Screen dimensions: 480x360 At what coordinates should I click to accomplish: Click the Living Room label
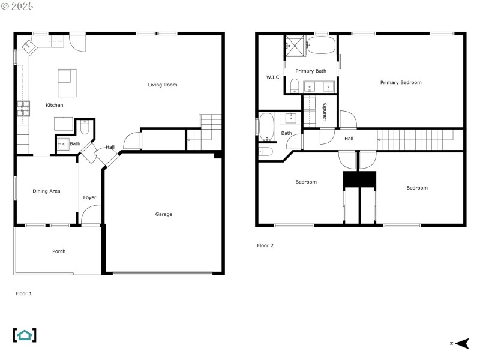coord(162,85)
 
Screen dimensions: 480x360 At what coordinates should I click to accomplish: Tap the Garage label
coord(163,214)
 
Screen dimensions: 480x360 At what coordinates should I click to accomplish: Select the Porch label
coord(59,251)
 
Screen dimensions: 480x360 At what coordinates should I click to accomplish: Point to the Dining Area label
coord(46,191)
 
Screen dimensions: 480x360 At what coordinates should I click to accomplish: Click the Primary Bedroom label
coord(401,82)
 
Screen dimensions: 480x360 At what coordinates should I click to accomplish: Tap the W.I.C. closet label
coord(273,77)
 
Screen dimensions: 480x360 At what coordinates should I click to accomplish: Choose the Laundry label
coord(325,112)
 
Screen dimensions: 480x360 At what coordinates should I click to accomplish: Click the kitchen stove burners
coord(23,109)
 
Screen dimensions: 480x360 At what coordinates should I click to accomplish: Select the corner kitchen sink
coord(28,46)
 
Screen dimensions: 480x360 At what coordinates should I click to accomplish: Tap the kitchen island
coord(67,83)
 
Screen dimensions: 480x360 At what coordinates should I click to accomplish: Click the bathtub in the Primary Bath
coord(321,46)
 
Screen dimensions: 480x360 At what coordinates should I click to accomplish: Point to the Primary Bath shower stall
coord(295,46)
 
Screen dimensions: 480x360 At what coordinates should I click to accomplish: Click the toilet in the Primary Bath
coord(295,85)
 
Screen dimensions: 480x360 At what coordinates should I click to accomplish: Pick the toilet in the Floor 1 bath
coord(85,127)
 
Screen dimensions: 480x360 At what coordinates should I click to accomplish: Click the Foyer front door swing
coord(91,214)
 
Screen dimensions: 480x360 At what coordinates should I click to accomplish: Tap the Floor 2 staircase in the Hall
coord(415,140)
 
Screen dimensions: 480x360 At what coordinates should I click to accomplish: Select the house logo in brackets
coord(25,335)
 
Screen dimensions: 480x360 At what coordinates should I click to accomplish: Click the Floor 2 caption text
coord(265,245)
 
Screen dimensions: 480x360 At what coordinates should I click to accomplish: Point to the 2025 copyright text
coord(17,6)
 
